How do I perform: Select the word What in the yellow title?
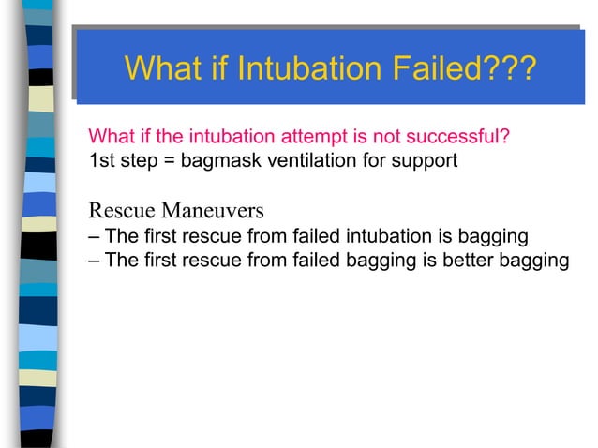(x=163, y=68)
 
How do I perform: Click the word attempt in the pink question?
(x=298, y=139)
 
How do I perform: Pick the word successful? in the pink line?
(x=465, y=139)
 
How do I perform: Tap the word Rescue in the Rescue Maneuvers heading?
(x=116, y=208)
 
